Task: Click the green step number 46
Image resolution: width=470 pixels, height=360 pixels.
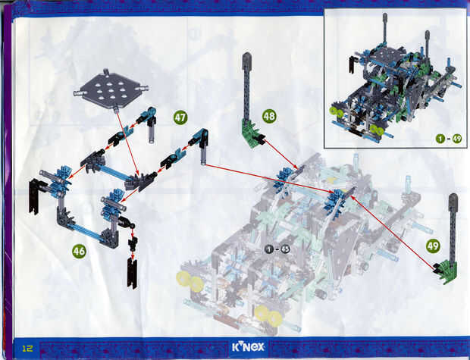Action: tap(79, 251)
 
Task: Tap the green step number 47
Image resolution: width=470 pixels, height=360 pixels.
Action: tap(180, 117)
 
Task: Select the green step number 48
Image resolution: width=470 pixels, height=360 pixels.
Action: tap(269, 116)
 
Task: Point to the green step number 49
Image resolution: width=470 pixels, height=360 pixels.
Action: tap(433, 246)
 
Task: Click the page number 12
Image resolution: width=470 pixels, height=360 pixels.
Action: tap(27, 348)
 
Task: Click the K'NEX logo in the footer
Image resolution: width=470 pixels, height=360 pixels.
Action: tap(248, 347)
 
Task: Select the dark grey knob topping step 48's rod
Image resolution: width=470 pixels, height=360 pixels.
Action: tap(246, 58)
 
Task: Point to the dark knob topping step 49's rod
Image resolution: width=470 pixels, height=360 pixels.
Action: tap(453, 199)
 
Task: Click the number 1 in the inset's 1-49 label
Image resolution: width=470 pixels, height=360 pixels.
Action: tap(440, 139)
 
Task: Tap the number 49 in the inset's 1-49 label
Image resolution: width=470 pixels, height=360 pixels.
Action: tap(457, 139)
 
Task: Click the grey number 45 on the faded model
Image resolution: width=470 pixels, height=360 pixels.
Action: tap(285, 249)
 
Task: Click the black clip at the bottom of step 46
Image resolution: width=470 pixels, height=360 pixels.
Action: tap(132, 273)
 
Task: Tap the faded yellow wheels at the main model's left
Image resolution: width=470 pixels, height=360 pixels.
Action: tap(190, 280)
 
